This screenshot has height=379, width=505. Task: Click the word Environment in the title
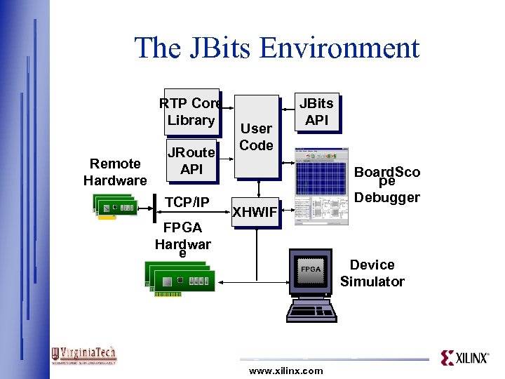(x=339, y=48)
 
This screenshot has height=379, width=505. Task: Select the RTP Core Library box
(x=190, y=112)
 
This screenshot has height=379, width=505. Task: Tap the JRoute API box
(x=191, y=161)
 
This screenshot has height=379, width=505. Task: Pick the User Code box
(x=256, y=137)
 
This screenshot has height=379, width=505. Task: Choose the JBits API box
(x=316, y=112)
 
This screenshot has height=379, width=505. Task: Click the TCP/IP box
(x=187, y=203)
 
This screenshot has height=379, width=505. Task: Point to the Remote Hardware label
(x=115, y=172)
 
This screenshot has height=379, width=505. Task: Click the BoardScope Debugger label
(x=387, y=185)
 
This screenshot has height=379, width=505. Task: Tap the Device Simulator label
(x=372, y=273)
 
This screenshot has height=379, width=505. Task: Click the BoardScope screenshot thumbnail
(x=321, y=186)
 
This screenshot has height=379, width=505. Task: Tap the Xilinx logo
(x=464, y=358)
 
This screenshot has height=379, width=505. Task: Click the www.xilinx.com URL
(x=286, y=371)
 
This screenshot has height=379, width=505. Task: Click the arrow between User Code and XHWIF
(x=258, y=188)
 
